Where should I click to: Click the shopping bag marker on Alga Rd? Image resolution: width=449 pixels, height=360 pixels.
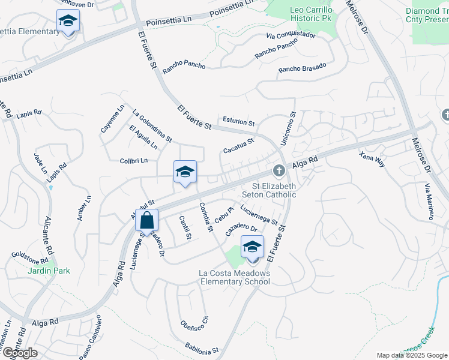click(147, 221)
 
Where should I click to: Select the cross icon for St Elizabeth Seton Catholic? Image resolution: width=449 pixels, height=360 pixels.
click(279, 172)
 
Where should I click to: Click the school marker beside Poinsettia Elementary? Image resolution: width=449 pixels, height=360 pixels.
click(68, 22)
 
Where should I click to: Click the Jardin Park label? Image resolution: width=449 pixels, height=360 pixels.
click(48, 271)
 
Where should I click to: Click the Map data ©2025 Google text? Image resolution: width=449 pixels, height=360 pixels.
click(411, 355)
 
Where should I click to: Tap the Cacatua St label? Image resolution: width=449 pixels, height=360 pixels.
click(239, 145)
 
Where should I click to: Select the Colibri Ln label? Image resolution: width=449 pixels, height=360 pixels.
click(133, 161)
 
